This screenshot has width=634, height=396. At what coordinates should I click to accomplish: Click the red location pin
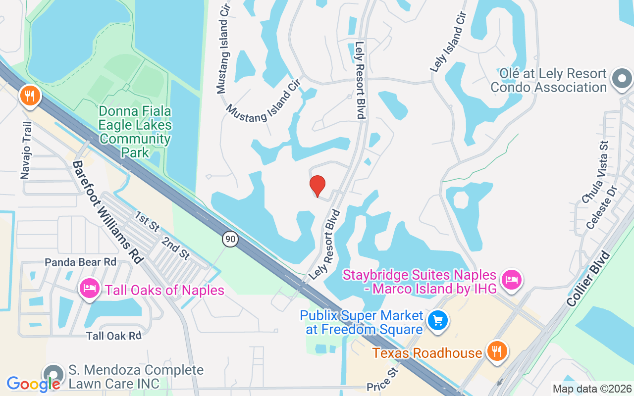pos(317,186)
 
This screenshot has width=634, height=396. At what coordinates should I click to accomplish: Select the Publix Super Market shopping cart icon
pos(437,320)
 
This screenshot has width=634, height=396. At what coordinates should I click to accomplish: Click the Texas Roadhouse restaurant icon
pos(496,351)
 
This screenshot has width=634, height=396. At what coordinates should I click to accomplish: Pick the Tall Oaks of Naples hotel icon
pos(89,288)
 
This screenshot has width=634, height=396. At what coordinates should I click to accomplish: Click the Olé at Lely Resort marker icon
pos(622,79)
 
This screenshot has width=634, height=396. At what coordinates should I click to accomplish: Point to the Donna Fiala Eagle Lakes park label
pos(135,132)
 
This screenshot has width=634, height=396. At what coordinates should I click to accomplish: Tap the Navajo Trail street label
pos(26,150)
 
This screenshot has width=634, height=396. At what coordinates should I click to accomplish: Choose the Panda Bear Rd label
pos(80,262)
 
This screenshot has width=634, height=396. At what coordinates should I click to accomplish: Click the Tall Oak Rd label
pos(113,336)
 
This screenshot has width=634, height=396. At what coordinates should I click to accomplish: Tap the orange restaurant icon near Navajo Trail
pos(30,95)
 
